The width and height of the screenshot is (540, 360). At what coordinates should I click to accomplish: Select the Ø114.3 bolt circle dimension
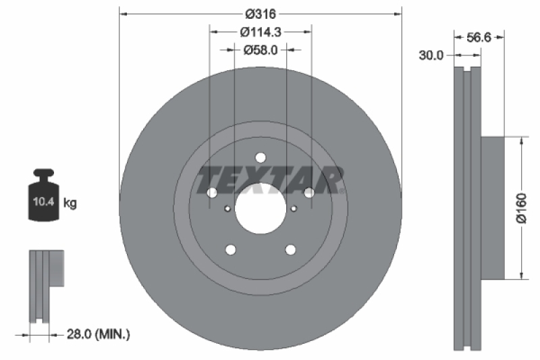[260, 31]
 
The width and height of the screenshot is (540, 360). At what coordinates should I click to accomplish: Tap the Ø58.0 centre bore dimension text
[260, 49]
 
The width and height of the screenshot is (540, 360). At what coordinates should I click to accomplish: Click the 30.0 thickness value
[430, 56]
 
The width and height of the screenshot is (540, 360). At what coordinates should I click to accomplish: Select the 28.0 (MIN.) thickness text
[99, 333]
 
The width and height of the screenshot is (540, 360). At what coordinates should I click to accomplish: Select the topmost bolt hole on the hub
[261, 157]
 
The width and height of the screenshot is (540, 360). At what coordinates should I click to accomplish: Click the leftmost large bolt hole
[212, 193]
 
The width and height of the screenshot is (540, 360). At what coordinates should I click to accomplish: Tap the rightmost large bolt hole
[308, 193]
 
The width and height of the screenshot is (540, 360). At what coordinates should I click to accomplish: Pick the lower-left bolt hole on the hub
[230, 250]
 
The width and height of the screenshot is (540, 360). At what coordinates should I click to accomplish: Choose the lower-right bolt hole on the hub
[290, 250]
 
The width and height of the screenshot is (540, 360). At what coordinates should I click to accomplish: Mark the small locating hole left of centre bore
[227, 209]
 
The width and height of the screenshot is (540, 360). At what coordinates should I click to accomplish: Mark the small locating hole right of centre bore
[294, 209]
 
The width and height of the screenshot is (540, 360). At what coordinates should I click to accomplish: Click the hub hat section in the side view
[493, 208]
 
